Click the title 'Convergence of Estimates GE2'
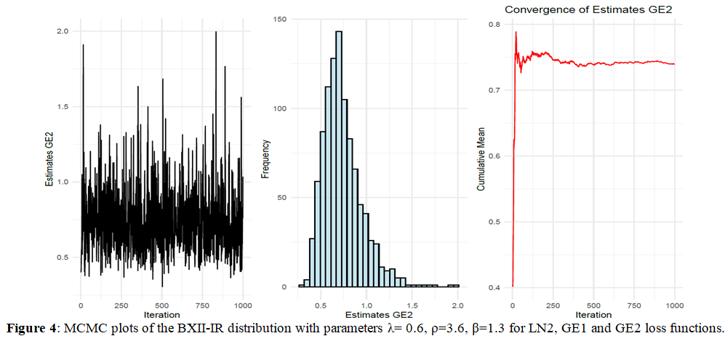point(589,9)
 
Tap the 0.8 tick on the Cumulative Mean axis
point(494,24)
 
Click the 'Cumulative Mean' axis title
point(481,156)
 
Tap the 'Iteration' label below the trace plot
point(161,313)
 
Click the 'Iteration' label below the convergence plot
point(593,313)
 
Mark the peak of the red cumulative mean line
point(516,32)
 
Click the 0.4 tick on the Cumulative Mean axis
point(494,288)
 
